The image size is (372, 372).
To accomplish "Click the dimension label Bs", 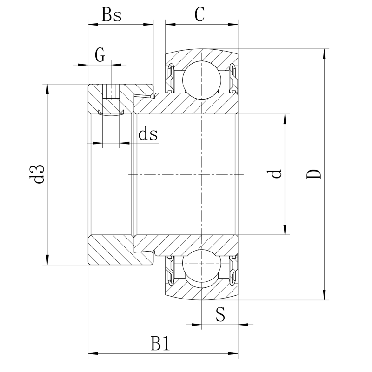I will pos(112,15).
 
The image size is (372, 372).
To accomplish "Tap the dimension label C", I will pos(199,15).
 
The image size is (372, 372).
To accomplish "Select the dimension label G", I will pos(100,55).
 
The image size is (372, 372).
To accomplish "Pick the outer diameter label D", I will pos(314,174).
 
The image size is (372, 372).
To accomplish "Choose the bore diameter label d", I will pos(276,174).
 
